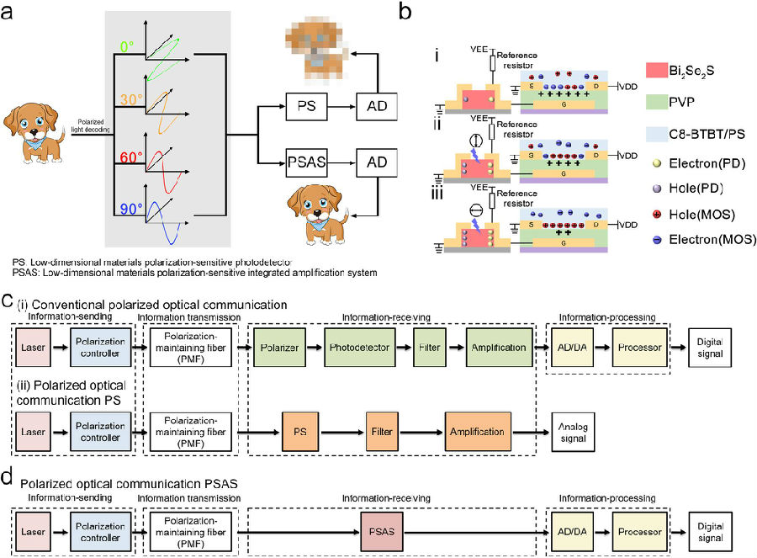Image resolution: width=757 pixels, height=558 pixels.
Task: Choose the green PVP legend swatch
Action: (639, 100)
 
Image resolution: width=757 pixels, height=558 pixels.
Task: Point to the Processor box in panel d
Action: (643, 533)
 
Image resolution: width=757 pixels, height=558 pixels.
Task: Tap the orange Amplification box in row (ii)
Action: (478, 428)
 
